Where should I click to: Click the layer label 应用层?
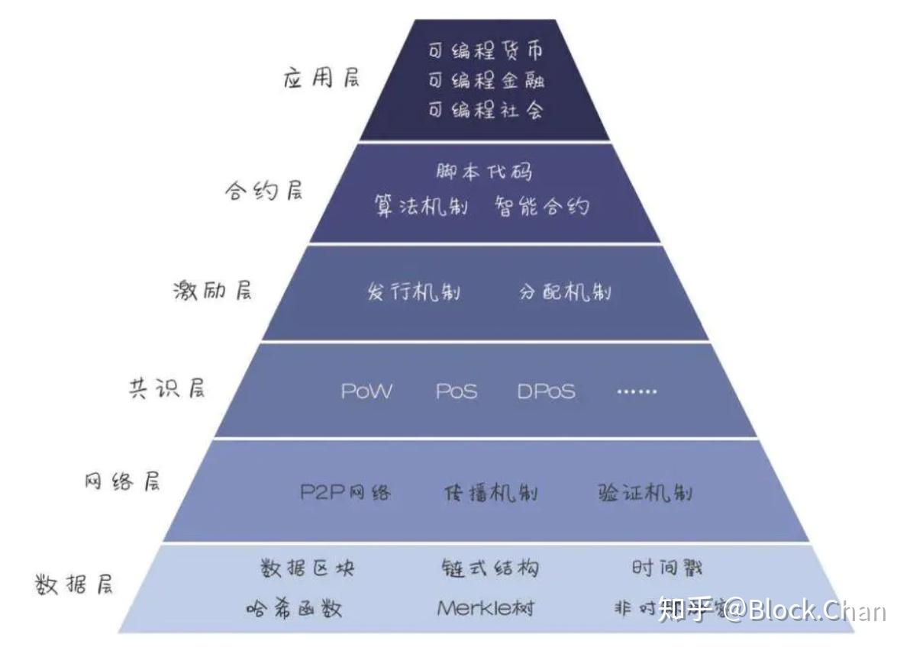[x=321, y=79]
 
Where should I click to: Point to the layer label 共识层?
[x=166, y=388]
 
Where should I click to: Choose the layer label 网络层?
[x=122, y=482]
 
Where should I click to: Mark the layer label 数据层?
[x=75, y=585]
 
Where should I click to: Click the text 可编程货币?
[x=486, y=52]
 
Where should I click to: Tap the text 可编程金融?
[x=486, y=80]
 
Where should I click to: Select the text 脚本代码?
[x=484, y=171]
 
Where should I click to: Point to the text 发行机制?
[x=414, y=292]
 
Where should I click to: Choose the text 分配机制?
[x=565, y=292]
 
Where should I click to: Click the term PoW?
[x=367, y=392]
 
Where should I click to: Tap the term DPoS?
[x=546, y=392]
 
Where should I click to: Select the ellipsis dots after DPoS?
[x=636, y=392]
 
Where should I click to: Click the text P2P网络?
[x=345, y=492]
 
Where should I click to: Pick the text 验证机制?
[x=645, y=492]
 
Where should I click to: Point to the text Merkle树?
[x=486, y=608]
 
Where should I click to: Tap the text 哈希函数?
[x=294, y=608]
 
